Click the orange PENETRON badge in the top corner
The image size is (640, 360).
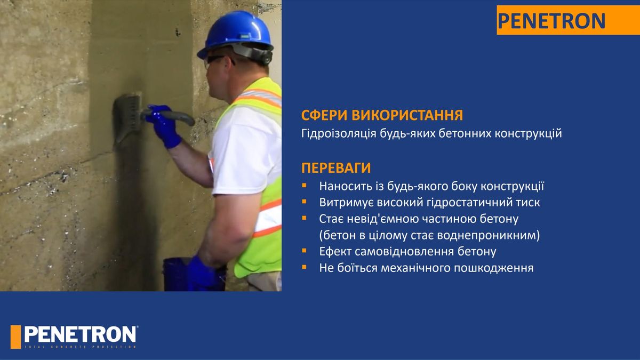tap(568, 20)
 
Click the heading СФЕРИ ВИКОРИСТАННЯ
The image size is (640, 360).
tap(382, 115)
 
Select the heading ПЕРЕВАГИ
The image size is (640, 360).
tap(336, 167)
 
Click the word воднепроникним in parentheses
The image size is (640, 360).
tap(489, 235)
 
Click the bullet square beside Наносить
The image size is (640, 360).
tap(304, 186)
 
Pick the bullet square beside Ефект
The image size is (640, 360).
tap(304, 251)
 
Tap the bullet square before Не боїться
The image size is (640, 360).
tap(304, 267)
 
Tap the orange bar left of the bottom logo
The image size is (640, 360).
tap(15, 337)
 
